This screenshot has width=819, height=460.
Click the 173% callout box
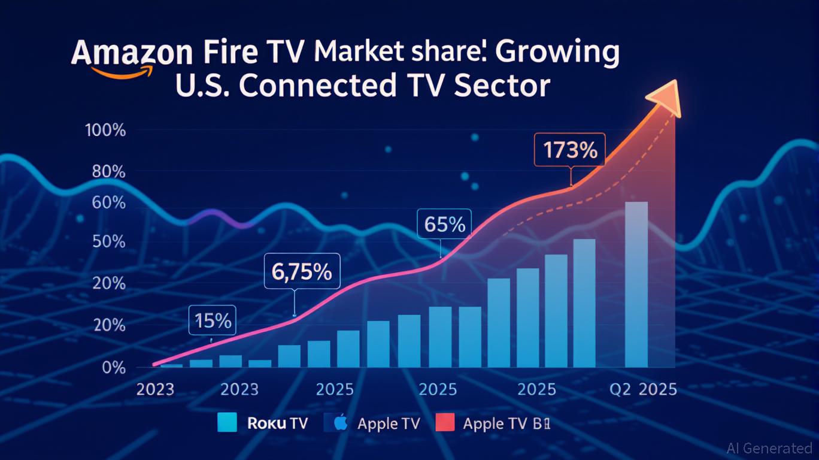point(569,149)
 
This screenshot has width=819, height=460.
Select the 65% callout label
point(444,224)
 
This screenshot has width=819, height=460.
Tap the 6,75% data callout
point(302,271)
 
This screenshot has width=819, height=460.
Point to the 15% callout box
point(213,320)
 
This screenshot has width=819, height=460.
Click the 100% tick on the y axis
point(105,130)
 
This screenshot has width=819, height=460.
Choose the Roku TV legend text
point(277,423)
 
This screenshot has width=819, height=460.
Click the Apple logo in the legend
point(341,423)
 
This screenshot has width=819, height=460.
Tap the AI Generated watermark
point(769,448)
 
